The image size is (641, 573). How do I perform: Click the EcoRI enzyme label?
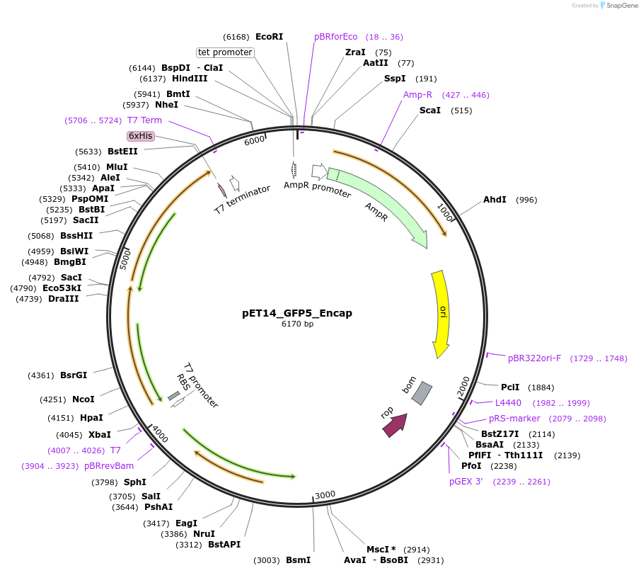pos(269,36)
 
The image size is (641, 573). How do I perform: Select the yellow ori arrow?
pos(441,313)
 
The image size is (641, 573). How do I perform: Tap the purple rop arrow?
pos(395,425)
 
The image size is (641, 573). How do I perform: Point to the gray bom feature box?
pos(422,393)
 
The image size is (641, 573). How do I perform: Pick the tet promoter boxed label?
pos(225,52)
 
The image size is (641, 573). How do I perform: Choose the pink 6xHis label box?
pos(141,136)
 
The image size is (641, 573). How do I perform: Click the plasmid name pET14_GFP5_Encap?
pos(297,313)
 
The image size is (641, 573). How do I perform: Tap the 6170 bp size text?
pos(297,324)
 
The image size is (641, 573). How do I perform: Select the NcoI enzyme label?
pos(83,399)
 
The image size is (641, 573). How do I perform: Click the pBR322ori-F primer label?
pos(534,358)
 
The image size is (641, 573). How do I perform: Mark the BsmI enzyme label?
pos(298,560)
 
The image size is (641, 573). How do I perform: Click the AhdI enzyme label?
pos(495,200)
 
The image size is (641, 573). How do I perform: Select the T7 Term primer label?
pos(144,120)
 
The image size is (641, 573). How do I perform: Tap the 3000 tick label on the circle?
pos(325,494)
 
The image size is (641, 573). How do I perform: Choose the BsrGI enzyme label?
pos(74,375)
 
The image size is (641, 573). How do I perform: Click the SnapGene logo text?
pos(620,6)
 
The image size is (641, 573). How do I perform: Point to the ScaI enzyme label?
pos(430,110)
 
